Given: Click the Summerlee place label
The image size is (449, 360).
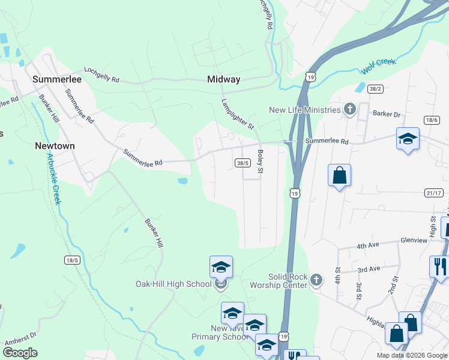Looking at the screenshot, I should pos(59,79).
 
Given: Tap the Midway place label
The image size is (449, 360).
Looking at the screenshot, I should pos(223,79).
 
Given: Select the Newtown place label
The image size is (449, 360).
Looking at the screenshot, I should pos(55,146).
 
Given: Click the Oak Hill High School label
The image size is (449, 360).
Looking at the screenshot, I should pos(173,284).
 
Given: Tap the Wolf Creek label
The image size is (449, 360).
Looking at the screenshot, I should pos(379,66).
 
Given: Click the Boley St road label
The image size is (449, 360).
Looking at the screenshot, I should pos(261,162).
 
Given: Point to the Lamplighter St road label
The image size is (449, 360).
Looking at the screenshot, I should pos(238,114).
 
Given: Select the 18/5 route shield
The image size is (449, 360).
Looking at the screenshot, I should pos(72,259).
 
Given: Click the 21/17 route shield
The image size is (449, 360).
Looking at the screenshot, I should pos(433,193).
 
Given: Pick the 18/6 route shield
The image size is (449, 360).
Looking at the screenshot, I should pos(431,121).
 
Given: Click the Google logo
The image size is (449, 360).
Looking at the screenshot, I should pos(20,353).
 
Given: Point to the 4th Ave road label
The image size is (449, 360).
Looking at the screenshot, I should pos(369,246).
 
